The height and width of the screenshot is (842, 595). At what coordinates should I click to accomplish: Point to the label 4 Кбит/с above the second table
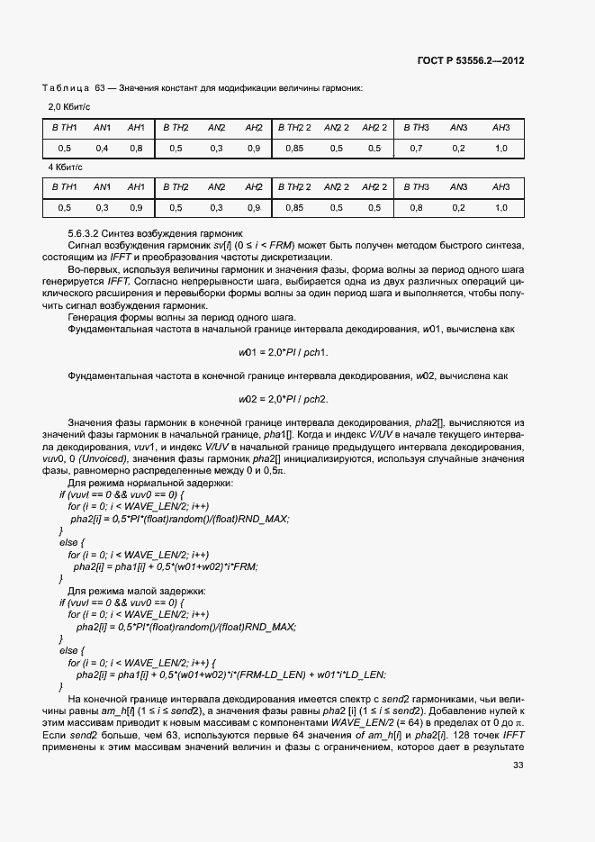(x=63, y=167)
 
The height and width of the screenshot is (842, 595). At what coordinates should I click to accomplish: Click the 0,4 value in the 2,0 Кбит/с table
(x=102, y=148)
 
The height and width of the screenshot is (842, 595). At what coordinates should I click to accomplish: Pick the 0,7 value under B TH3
(x=416, y=148)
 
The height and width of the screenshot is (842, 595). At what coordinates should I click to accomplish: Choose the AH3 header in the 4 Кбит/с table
(x=501, y=187)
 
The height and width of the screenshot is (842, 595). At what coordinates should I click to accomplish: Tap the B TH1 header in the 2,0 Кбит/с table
(x=64, y=127)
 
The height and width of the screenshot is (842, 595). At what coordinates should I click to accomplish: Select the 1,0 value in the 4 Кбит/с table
(x=501, y=208)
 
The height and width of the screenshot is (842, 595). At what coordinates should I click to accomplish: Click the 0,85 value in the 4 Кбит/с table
(x=293, y=208)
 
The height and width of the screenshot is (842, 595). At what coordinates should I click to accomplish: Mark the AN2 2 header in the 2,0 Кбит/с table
(x=337, y=127)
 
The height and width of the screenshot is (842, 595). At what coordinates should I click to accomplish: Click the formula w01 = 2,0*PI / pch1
(x=284, y=351)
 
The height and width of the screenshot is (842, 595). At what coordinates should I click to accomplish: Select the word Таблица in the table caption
(x=65, y=87)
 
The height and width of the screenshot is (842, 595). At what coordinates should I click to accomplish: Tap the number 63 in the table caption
(x=100, y=87)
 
